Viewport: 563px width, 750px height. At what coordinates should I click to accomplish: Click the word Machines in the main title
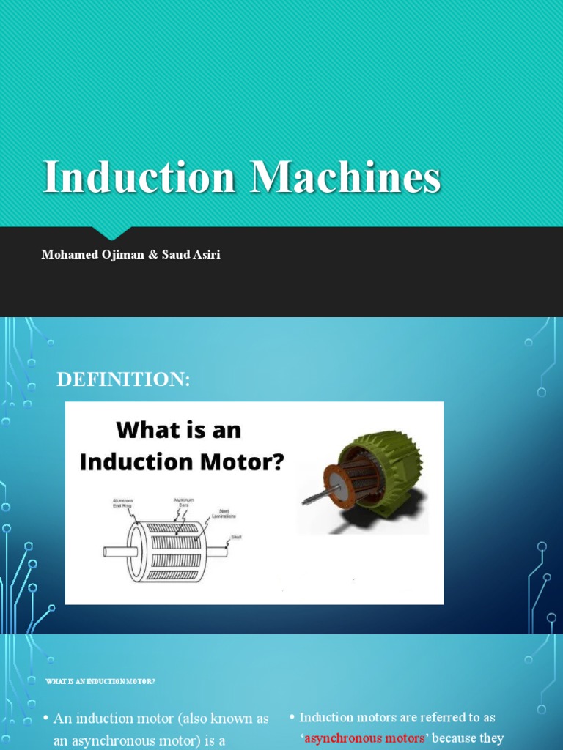345,177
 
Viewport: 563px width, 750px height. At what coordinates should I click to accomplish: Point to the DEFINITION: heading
123,379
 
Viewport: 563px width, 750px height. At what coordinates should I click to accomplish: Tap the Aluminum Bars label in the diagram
183,502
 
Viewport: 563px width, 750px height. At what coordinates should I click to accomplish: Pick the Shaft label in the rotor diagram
235,537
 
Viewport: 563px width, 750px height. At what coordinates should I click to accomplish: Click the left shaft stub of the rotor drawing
115,552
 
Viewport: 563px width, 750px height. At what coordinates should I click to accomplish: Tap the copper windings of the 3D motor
359,480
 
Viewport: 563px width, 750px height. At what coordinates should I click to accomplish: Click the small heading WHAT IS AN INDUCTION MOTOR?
100,681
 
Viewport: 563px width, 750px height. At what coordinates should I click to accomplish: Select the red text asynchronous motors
364,738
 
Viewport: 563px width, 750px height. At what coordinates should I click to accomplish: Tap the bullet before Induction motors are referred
292,717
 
